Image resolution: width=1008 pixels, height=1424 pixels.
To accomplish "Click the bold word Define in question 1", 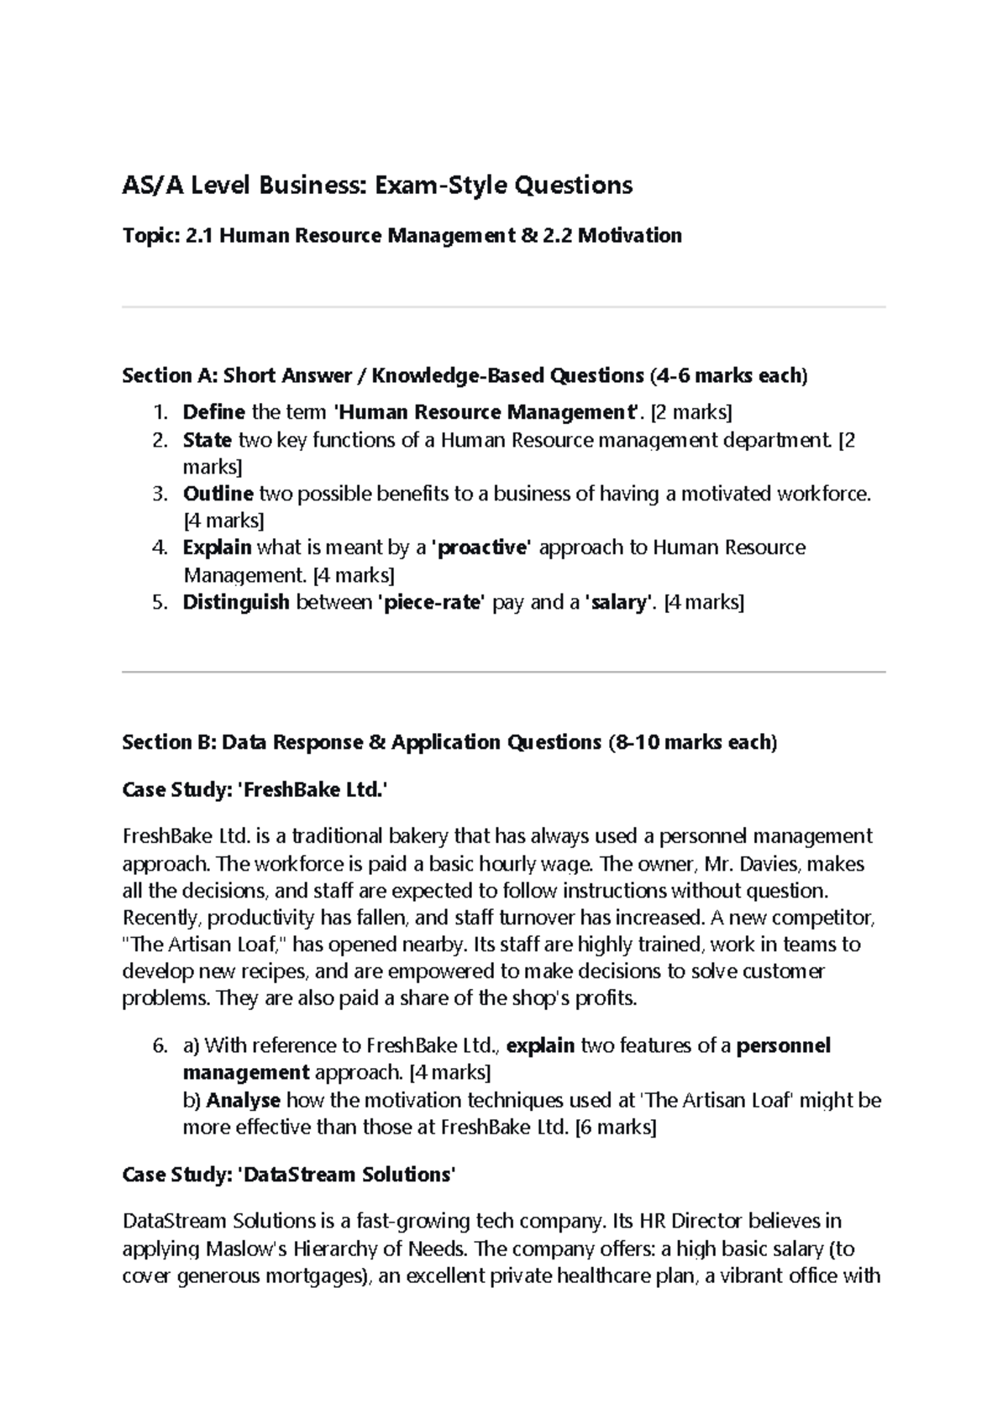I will pos(213,412).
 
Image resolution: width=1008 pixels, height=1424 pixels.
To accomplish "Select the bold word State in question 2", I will pos(207,440).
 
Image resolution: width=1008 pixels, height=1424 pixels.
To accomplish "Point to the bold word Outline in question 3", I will pos(218,494).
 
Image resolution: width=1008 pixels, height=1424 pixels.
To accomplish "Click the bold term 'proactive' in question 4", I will pos(480,548).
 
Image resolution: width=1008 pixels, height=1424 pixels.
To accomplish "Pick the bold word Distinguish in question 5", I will pos(236,602).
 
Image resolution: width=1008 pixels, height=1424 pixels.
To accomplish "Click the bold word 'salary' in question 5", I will pos(618,602).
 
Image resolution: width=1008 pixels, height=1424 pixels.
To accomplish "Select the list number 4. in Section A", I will pos(160,548).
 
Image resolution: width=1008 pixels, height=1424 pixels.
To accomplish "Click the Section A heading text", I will pos(465,375).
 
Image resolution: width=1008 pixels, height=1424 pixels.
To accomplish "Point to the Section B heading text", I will pos(449,742).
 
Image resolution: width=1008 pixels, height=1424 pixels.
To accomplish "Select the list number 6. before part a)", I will pos(160,1046).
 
